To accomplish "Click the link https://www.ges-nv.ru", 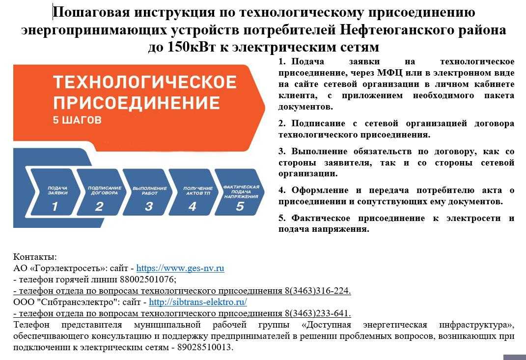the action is pos(180,268).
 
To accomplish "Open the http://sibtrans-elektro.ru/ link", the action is pos(198,302).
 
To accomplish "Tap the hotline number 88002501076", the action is pos(148,279).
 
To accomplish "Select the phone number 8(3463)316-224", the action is pos(317,291).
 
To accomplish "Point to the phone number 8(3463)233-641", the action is pos(317,313).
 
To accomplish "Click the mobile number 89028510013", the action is pos(204,347).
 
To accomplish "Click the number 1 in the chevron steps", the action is pos(55,206).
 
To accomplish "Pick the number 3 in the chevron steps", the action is pos(149,206).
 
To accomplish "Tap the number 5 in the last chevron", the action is pos(240,206).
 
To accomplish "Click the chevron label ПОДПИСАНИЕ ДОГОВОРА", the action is pos(105,191).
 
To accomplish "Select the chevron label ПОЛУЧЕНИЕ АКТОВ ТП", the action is pos(198,191).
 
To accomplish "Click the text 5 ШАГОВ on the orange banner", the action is pos(77,120).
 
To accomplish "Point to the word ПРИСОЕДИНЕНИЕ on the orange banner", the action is pos(137,102).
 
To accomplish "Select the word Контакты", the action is pos(35,257).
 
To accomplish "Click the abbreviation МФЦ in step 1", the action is pos(390,73).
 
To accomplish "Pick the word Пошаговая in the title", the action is pos(91,12).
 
